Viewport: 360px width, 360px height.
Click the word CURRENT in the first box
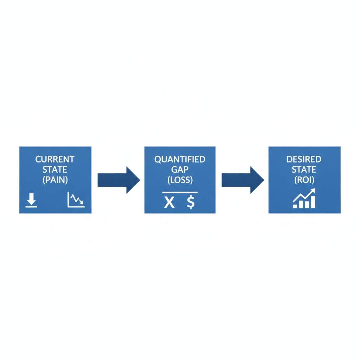(x=55, y=159)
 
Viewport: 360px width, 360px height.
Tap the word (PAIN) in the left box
(x=55, y=180)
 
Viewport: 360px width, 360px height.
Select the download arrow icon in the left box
(x=31, y=200)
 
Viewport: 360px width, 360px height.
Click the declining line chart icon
(x=76, y=200)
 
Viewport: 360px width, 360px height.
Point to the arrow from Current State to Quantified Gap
(x=119, y=180)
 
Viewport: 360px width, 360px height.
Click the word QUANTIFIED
(x=180, y=159)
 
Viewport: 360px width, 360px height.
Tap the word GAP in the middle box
(x=180, y=169)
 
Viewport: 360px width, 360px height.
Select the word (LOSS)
(x=180, y=180)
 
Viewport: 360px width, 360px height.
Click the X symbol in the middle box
(x=169, y=202)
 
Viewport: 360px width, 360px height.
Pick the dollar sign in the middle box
(x=191, y=202)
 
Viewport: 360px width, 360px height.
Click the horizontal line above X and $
(x=180, y=192)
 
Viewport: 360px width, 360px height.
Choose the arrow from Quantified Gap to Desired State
(x=243, y=180)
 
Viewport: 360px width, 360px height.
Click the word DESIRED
(x=304, y=159)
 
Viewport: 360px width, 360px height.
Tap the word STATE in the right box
(x=304, y=169)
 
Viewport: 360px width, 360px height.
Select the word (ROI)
(x=304, y=180)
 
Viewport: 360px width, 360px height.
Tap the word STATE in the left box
(x=54, y=169)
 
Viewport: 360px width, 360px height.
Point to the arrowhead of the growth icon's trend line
(x=313, y=191)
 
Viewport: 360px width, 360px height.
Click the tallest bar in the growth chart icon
(x=313, y=202)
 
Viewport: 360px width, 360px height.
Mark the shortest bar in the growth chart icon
(x=295, y=206)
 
